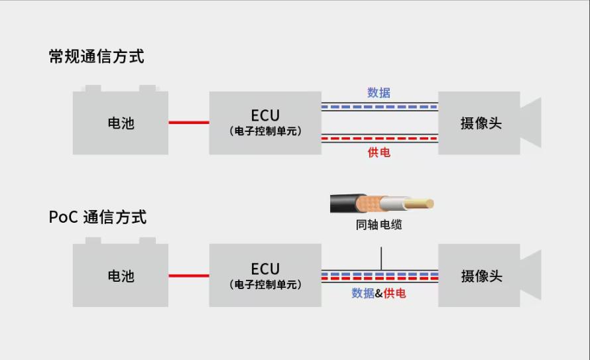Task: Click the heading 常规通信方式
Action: pos(96,56)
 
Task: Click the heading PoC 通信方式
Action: pos(97,217)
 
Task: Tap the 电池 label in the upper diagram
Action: pos(121,123)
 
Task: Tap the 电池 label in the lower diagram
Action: pos(121,276)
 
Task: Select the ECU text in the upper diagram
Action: pos(265,115)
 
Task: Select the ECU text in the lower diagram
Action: pos(265,269)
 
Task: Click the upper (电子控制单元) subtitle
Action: pos(265,131)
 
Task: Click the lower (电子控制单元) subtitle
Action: pos(265,284)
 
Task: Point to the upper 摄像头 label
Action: pos(481,123)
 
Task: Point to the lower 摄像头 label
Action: pos(481,276)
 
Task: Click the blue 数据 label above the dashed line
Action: pos(379,93)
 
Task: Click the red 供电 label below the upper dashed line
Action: pos(379,152)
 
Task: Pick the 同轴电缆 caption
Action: pos(379,225)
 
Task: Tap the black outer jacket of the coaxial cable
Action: pos(343,204)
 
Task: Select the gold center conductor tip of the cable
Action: pos(419,204)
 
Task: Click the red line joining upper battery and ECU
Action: pos(189,122)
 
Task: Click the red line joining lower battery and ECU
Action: pos(189,275)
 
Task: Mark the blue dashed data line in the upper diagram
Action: pos(380,107)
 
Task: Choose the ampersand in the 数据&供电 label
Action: pos(379,294)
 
